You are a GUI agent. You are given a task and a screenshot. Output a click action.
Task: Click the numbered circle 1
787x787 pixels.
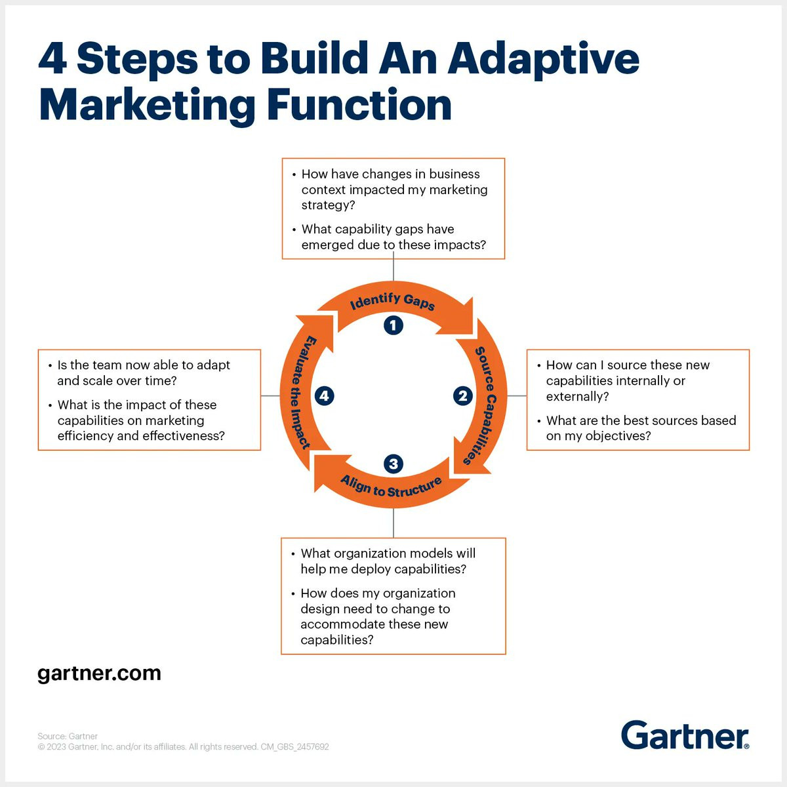point(393,325)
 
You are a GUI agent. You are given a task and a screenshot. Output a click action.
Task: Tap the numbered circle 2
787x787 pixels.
point(463,395)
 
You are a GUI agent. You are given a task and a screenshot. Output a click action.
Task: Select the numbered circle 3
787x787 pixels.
point(393,464)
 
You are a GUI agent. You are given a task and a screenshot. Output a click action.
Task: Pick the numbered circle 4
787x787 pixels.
point(324,395)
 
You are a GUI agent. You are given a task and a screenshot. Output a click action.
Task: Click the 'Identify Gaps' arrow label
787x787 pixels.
point(392,302)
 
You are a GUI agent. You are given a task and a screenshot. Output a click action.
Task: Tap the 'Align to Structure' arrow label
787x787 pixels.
point(391,487)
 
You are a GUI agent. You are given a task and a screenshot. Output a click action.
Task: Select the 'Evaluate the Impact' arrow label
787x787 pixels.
point(302,392)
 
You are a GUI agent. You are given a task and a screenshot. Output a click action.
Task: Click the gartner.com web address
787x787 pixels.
point(99,674)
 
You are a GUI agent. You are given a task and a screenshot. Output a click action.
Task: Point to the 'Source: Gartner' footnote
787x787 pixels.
point(68,736)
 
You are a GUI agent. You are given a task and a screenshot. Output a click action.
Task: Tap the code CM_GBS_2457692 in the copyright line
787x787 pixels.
point(294,746)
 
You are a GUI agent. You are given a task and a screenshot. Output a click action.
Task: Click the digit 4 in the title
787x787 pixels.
point(52,58)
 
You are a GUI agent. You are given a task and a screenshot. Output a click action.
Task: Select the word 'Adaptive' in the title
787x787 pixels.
point(543,60)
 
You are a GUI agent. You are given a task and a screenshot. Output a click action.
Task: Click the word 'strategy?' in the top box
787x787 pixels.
point(328,205)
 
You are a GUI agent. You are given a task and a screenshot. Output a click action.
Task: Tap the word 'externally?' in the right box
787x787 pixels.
point(577,396)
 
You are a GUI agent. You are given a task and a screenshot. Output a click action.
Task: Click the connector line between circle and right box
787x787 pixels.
point(517,395)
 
